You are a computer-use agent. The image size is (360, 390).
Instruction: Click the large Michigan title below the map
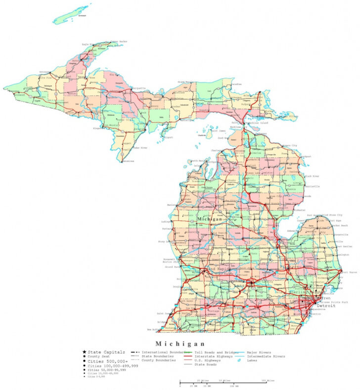click(x=180, y=344)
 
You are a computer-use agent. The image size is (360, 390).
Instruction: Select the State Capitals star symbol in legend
click(x=85, y=352)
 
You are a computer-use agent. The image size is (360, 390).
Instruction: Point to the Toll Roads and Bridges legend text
click(x=216, y=352)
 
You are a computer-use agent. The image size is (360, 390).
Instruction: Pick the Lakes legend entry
click(x=253, y=360)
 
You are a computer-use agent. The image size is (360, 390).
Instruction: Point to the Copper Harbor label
click(x=118, y=42)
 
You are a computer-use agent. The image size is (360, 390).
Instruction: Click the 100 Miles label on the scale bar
click(x=268, y=380)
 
